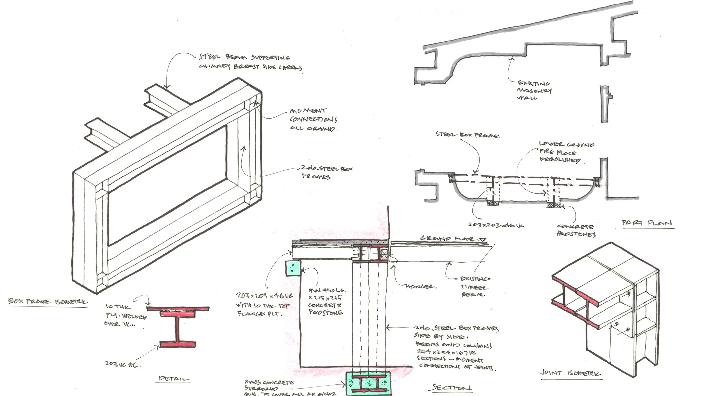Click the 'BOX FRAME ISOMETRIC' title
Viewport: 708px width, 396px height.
(x=48, y=301)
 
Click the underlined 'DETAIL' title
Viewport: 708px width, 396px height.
(x=174, y=379)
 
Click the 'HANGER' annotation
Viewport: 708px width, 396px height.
(x=421, y=286)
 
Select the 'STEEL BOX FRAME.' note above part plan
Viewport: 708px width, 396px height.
(x=467, y=135)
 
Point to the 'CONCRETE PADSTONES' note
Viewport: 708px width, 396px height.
(x=576, y=230)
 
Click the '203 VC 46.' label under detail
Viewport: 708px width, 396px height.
(x=123, y=364)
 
